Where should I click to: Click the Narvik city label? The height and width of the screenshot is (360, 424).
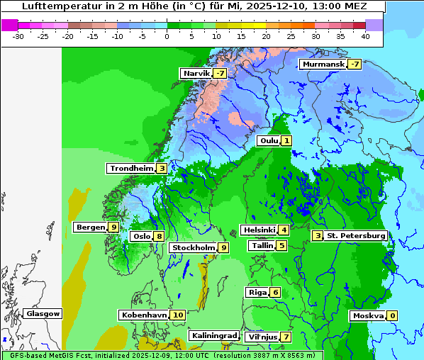click(196, 73)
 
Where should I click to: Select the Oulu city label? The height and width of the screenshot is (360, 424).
click(268, 140)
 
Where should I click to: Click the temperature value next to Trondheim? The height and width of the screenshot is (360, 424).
click(162, 168)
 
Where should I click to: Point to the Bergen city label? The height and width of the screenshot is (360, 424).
click(90, 227)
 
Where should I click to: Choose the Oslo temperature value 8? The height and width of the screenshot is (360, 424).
click(160, 237)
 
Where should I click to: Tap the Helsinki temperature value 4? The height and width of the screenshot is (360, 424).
click(284, 230)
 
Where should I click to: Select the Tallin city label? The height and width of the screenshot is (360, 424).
click(262, 246)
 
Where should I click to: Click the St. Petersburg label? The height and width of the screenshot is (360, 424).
click(355, 235)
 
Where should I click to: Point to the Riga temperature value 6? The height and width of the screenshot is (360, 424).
click(276, 292)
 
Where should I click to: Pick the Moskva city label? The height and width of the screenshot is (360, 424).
click(367, 315)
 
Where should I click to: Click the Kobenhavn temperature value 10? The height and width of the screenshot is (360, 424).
click(178, 315)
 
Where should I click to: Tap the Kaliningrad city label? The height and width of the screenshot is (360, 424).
click(213, 335)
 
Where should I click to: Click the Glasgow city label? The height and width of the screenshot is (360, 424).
click(43, 313)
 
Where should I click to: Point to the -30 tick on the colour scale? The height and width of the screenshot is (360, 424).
click(19, 35)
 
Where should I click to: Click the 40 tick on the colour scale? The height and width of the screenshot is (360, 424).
click(365, 35)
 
